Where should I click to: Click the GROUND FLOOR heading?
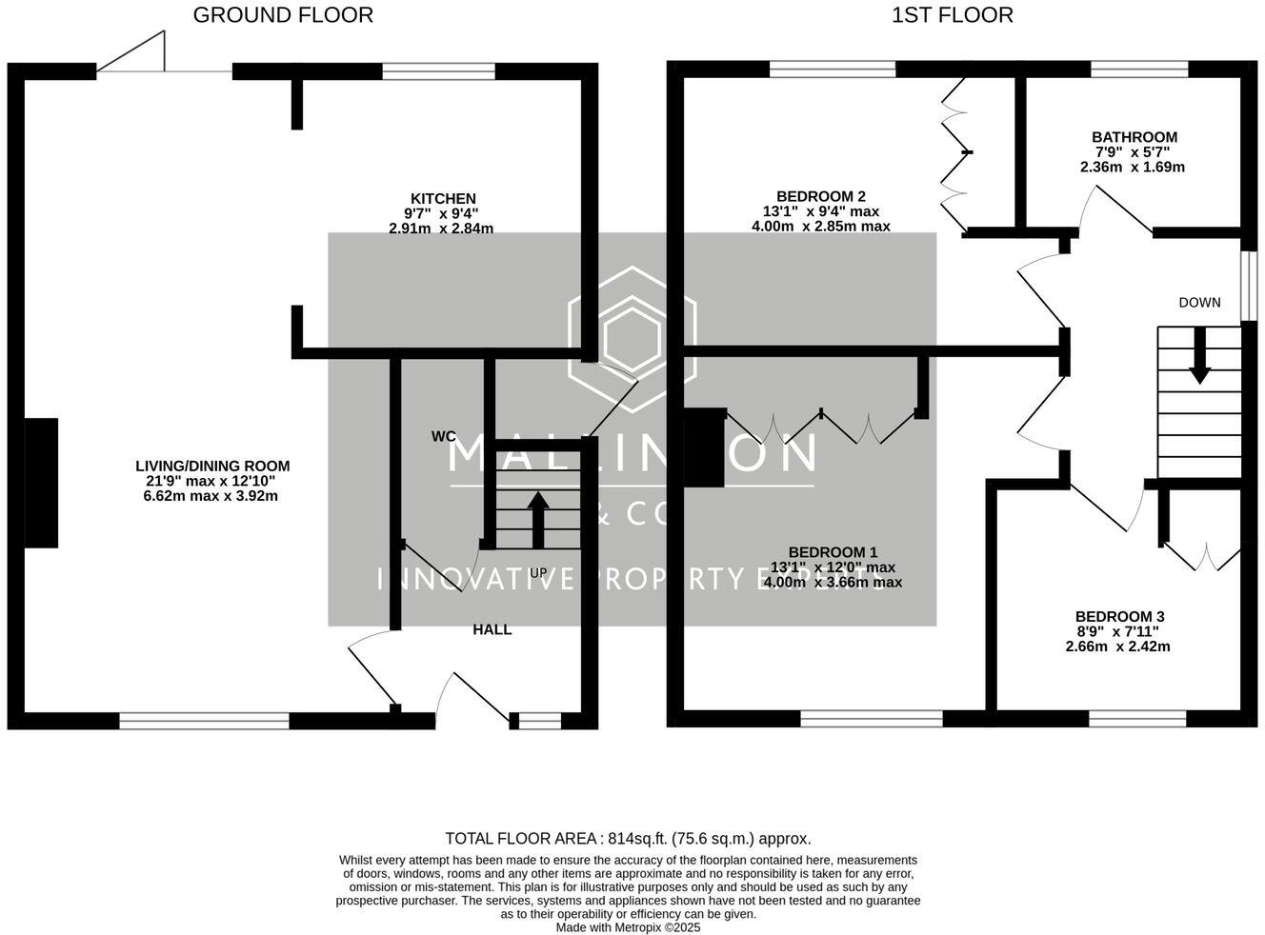283,15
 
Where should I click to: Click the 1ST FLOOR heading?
952,15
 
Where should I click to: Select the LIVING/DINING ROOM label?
212,467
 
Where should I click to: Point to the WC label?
443,437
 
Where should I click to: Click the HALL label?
492,629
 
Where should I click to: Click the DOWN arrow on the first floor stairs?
1199,355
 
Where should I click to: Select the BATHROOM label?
1134,137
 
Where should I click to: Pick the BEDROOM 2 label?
820,197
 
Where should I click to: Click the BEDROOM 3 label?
1119,617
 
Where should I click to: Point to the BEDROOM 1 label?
833,552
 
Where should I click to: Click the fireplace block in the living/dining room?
41,483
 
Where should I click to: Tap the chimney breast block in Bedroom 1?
704,448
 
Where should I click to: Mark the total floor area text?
628,839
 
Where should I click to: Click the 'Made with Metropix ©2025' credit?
628,927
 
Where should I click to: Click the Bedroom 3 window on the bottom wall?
1137,719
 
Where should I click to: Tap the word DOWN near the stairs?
1199,303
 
